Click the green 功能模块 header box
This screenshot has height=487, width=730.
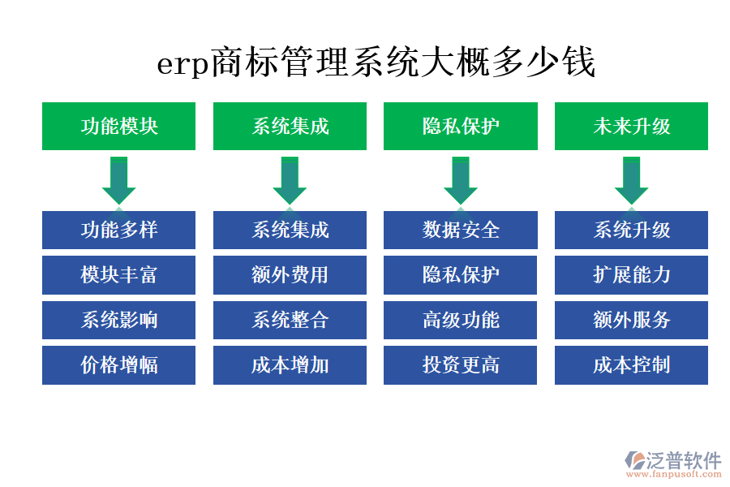118,126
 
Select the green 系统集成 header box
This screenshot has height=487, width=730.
290,126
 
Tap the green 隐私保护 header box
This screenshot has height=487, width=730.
461,126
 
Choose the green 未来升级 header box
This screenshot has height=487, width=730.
631,126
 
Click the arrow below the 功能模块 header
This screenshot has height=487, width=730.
118,181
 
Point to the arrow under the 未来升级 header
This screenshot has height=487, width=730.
631,181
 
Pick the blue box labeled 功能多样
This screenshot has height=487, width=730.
118,230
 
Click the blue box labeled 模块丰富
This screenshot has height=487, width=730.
118,275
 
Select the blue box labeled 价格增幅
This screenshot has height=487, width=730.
118,365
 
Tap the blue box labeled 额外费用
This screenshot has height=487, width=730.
290,275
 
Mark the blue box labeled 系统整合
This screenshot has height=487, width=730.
290,320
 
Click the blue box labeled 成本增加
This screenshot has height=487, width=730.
290,365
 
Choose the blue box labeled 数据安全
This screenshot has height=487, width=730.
461,230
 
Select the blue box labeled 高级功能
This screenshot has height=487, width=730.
461,320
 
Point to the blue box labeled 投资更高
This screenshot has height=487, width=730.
461,365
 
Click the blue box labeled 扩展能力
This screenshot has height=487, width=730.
631,275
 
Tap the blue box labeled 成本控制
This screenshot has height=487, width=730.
631,365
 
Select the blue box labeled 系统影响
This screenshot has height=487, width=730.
118,320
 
